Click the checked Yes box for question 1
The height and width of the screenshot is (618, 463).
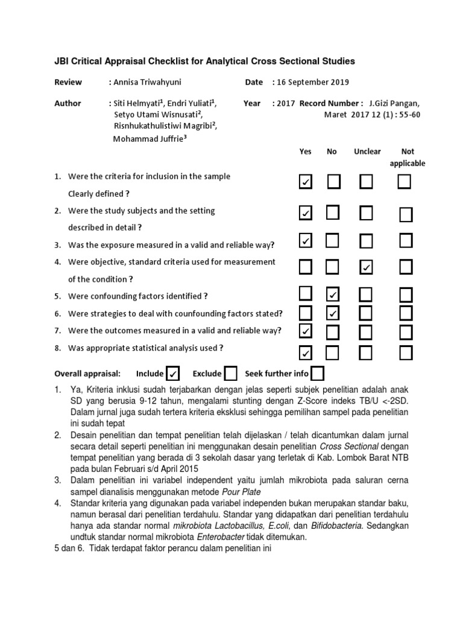(306, 181)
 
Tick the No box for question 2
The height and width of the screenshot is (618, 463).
(333, 212)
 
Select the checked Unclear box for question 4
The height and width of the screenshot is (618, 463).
(365, 267)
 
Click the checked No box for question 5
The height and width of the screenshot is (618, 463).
(333, 295)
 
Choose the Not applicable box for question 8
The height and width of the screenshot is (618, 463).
(406, 352)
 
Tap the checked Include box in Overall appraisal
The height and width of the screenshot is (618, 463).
(173, 374)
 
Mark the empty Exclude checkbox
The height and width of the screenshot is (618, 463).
(230, 374)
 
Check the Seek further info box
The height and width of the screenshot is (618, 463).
(318, 374)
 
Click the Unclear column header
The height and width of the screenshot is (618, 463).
(367, 151)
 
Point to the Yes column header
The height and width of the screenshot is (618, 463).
(306, 151)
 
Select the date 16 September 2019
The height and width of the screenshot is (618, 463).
(313, 82)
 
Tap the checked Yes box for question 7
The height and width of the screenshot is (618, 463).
(306, 331)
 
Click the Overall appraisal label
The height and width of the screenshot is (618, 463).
(87, 374)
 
